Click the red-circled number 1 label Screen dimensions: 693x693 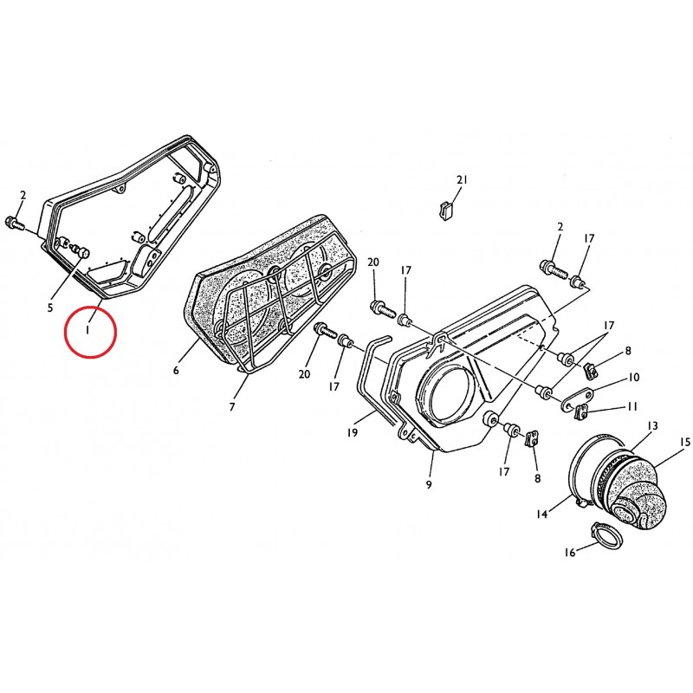coord(88,329)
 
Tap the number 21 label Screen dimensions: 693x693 coord(462,180)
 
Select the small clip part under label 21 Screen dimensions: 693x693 coord(446,210)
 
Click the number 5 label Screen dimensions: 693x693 coord(50,307)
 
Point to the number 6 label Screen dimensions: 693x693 coord(176,371)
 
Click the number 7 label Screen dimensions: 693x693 coord(232,407)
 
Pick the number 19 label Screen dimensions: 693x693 coord(352,432)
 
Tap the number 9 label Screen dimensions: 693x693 coord(429,485)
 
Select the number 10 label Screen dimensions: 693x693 coord(634,377)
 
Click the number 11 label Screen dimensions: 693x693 coord(632,405)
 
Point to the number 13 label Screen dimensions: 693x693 coord(652,425)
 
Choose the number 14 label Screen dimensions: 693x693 coord(542,514)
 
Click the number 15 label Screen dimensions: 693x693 coord(685,442)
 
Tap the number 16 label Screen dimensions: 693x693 coord(570,552)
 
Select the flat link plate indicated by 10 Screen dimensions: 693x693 coord(576,399)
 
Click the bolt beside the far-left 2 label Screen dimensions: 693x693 coord(15,223)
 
